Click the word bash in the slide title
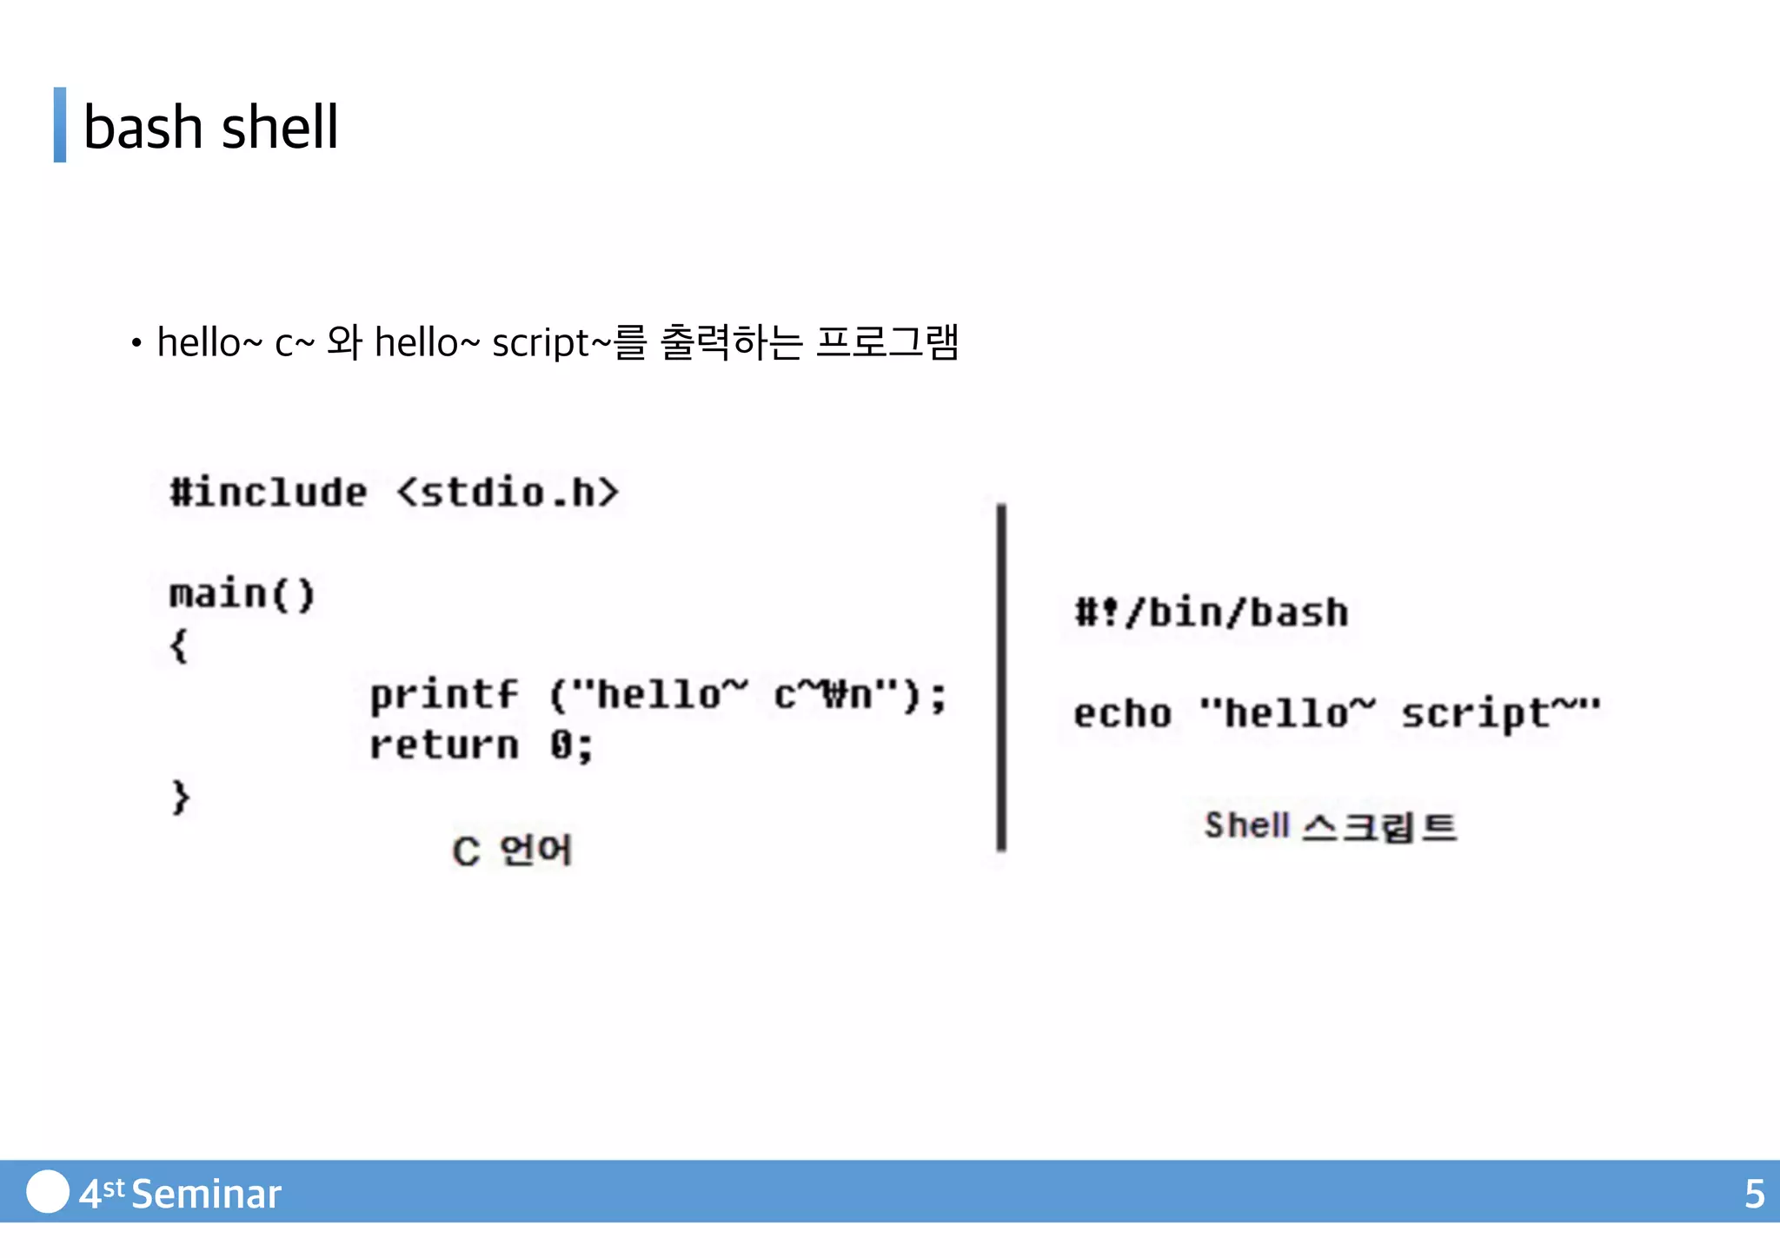click(143, 127)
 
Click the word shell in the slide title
click(280, 127)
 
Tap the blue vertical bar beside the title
click(60, 124)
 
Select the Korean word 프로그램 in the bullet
click(887, 341)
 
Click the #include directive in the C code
click(269, 493)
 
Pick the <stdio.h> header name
click(508, 493)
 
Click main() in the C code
click(242, 594)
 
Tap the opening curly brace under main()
click(179, 646)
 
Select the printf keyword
click(444, 696)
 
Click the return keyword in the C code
click(444, 745)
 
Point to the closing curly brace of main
click(180, 797)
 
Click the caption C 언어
click(512, 851)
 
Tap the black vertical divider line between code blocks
click(1001, 678)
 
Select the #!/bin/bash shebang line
click(1212, 612)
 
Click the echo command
click(1123, 714)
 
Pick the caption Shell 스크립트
click(1330, 825)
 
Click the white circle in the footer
click(48, 1191)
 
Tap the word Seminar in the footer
click(207, 1194)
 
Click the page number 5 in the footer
click(1754, 1194)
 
